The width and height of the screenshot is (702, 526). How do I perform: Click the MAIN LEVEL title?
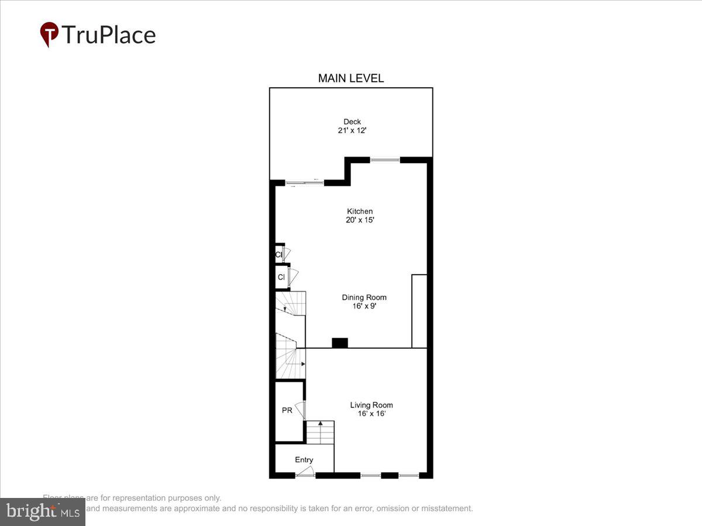point(350,78)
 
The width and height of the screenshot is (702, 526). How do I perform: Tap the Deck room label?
point(352,122)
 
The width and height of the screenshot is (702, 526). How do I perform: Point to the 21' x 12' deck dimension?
point(352,130)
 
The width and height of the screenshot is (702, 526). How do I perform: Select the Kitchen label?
point(359,211)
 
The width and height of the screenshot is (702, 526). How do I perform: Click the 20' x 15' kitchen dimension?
point(359,220)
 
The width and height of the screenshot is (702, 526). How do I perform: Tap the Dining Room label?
point(364,297)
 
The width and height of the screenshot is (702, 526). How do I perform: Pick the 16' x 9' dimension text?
point(364,306)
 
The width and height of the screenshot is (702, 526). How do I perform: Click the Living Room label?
point(371,405)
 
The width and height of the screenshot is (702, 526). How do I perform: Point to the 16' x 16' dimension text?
point(371,414)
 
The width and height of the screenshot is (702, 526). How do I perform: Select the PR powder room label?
point(287,411)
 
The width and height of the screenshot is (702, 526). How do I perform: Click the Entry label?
point(304,460)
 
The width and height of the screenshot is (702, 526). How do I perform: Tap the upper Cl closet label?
point(278,255)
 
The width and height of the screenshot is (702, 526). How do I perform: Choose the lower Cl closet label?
point(281,277)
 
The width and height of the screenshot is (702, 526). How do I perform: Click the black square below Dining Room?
point(340,343)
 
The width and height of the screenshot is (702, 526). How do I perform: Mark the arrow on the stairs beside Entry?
point(320,423)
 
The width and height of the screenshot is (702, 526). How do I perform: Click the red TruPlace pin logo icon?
point(49,34)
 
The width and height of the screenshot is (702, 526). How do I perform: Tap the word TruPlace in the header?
point(108,34)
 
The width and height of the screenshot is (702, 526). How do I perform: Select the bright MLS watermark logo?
point(43,512)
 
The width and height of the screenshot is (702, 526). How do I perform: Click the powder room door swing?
point(300,409)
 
